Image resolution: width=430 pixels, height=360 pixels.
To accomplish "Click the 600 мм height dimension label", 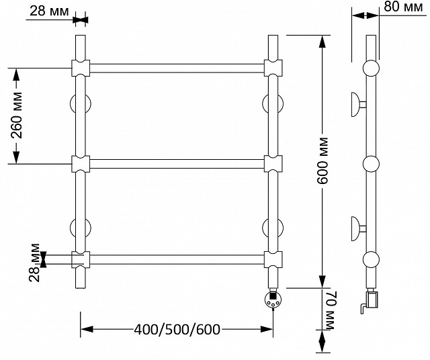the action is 322,161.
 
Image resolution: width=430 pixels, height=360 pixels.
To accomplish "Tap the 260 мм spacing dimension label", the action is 17,116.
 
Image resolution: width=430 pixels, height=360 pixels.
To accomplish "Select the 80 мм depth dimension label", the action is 403,7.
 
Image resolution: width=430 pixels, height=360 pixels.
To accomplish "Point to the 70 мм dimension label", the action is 329,310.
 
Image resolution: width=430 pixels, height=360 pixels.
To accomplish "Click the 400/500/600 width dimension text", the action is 177,329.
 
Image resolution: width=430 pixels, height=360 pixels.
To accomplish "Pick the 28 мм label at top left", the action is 49,11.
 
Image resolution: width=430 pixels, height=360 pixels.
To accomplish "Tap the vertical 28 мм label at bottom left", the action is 34,263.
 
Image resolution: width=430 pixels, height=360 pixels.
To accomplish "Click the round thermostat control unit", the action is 273,300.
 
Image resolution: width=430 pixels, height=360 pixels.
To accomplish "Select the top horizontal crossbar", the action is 177,69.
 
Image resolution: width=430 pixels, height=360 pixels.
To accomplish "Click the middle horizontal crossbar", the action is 177,164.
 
